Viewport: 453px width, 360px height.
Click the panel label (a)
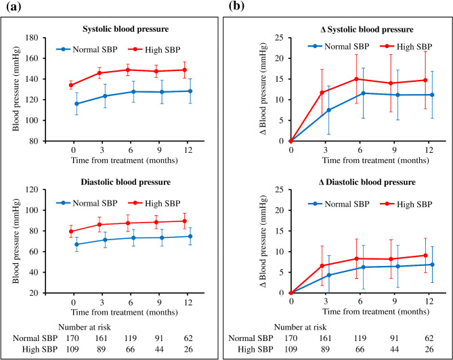pyautogui.click(x=14, y=6)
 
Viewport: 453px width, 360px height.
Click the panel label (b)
pyautogui.click(x=236, y=5)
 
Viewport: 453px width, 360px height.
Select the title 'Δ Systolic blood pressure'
pyautogui.click(x=367, y=30)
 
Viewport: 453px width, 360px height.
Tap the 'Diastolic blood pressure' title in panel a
pyautogui.click(x=126, y=182)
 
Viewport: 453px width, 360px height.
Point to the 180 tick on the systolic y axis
pyautogui.click(x=32, y=38)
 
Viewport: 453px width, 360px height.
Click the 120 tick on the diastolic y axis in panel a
pyautogui.click(x=32, y=189)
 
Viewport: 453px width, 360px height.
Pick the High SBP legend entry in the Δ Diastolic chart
pyautogui.click(x=406, y=204)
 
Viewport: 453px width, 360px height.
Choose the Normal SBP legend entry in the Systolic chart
pyautogui.click(x=87, y=49)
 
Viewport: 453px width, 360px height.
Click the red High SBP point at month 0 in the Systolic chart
pyautogui.click(x=71, y=85)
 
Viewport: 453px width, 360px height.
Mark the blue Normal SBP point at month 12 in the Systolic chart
pyautogui.click(x=190, y=91)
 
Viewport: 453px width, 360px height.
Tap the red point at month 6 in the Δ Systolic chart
pyautogui.click(x=356, y=79)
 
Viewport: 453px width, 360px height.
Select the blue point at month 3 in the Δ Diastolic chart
pyautogui.click(x=329, y=275)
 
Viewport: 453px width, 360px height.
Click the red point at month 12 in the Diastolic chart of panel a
pyautogui.click(x=185, y=221)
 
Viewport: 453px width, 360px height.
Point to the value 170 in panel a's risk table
pyautogui.click(x=72, y=338)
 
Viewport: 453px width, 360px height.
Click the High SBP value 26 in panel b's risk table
pyautogui.click(x=429, y=349)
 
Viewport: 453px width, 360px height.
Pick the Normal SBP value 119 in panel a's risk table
pyautogui.click(x=130, y=338)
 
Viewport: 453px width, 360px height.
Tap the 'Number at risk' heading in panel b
pyautogui.click(x=300, y=327)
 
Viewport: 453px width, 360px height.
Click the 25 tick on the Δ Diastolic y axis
pyautogui.click(x=279, y=189)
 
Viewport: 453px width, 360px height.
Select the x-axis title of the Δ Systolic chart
pyautogui.click(x=376, y=160)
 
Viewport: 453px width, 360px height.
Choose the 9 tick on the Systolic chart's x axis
pyautogui.click(x=159, y=150)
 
